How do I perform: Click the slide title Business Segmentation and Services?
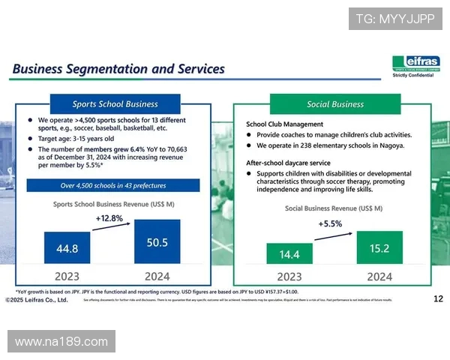(118, 69)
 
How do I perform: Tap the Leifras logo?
(415, 64)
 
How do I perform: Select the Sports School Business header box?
(115, 103)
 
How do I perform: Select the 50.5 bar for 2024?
(157, 241)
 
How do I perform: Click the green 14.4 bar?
(289, 253)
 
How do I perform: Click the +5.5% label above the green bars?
(330, 223)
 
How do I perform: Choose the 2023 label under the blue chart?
(67, 276)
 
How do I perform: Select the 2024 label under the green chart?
(379, 276)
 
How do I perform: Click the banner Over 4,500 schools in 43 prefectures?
(113, 185)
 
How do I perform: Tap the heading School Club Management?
(284, 124)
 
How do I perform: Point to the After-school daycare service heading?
(288, 163)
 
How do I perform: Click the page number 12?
(439, 299)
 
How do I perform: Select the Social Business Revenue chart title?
(334, 208)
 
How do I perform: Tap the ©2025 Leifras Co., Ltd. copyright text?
(37, 300)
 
